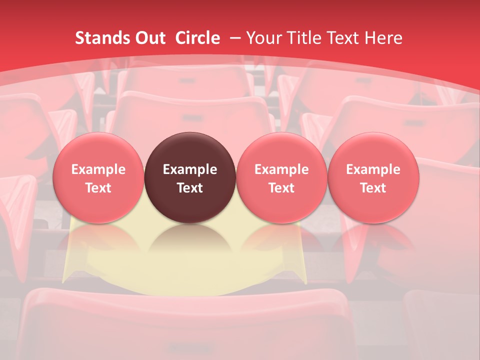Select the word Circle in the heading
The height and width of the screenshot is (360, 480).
tap(197, 38)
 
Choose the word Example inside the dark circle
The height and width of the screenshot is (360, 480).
tap(190, 169)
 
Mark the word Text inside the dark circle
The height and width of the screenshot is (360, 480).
tap(190, 188)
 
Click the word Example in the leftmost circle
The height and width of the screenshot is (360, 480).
tap(98, 169)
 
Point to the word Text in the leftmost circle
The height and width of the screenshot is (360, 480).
tap(98, 188)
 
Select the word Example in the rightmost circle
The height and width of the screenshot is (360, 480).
tap(373, 169)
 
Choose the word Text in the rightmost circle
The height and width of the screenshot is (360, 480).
tap(373, 188)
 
